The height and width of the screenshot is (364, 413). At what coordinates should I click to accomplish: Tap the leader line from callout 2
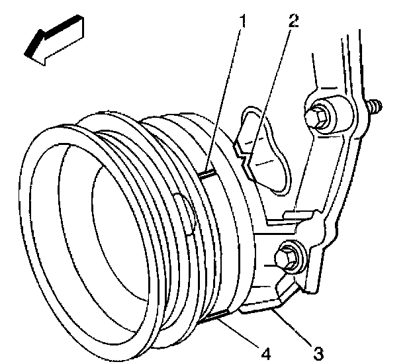(268, 86)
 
